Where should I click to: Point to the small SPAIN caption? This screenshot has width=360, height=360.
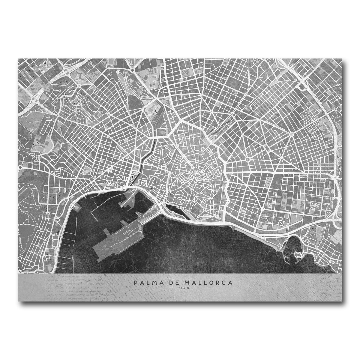pyautogui.click(x=180, y=289)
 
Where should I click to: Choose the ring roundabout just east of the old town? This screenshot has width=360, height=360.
pyautogui.click(x=248, y=160)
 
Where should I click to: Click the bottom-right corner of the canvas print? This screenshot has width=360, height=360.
pyautogui.click(x=342, y=301)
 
